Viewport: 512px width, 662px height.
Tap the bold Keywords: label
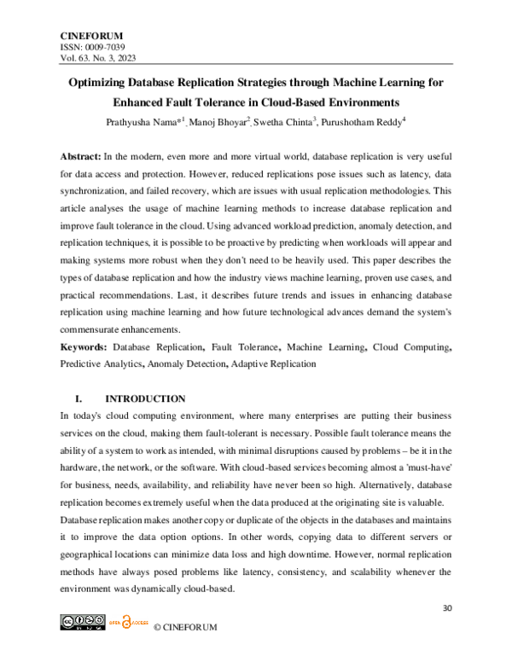click(x=83, y=348)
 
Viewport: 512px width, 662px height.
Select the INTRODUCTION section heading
click(x=144, y=398)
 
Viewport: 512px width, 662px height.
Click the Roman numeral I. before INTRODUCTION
click(x=79, y=398)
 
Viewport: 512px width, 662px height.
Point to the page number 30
click(x=446, y=608)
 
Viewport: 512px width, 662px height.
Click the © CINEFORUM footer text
click(x=185, y=628)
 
